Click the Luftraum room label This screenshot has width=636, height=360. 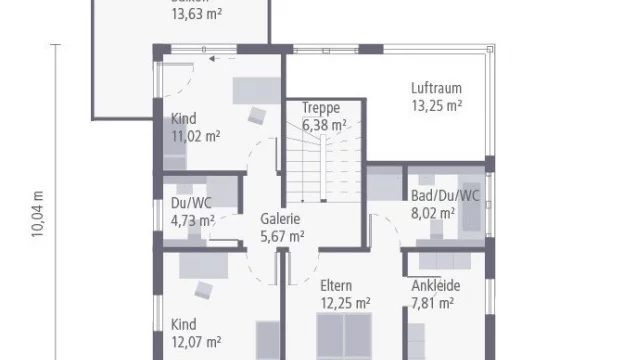[436, 87]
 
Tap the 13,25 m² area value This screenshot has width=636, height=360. [436, 104]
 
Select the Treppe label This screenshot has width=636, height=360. [321, 108]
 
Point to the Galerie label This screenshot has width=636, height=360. [281, 220]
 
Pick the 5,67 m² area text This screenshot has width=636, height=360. [281, 237]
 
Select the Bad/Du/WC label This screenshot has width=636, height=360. [445, 195]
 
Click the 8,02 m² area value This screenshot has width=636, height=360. [433, 212]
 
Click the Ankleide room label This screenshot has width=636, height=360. [437, 284]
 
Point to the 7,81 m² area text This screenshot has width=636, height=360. [433, 301]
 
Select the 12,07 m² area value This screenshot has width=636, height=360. [196, 342]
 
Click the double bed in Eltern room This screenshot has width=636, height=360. [346, 338]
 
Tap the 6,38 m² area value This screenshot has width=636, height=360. [325, 125]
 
